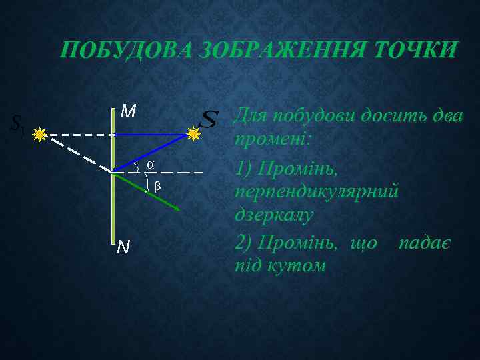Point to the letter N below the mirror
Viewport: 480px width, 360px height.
point(123,248)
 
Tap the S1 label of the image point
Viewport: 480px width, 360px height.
point(17,123)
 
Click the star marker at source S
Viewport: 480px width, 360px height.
point(193,135)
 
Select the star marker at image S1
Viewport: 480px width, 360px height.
point(41,134)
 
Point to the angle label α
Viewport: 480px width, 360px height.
point(151,164)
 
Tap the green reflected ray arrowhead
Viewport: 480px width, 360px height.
point(177,209)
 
